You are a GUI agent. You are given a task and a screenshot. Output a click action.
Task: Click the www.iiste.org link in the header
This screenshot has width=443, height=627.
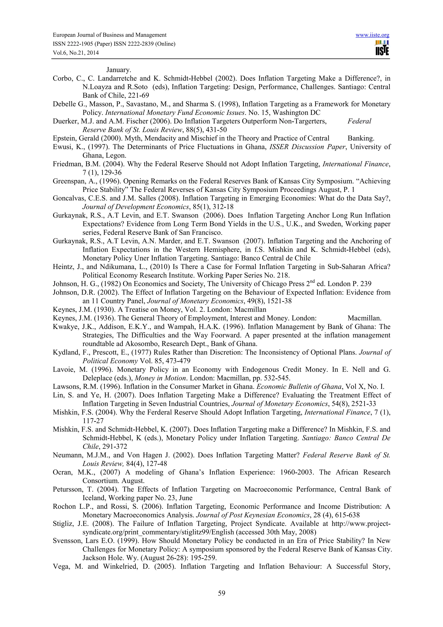pyautogui.click(x=372, y=35)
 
